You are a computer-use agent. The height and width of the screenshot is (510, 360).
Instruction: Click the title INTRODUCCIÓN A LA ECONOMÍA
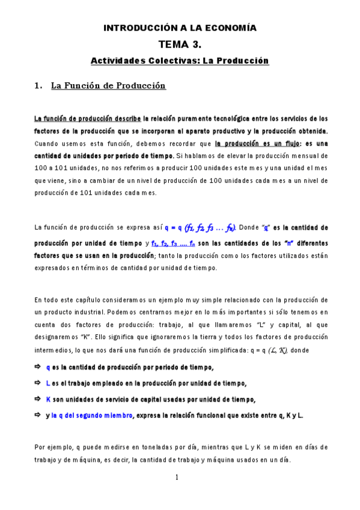coord(180,28)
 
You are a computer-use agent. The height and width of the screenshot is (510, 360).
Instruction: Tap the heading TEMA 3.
coord(180,44)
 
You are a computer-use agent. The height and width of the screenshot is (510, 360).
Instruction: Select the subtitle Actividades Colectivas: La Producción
coord(180,61)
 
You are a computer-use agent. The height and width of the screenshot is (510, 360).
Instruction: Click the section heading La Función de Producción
coord(108,86)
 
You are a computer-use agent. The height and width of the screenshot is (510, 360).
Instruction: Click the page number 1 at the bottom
coord(177,478)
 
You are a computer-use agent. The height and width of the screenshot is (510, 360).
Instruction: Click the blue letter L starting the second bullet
coord(48,383)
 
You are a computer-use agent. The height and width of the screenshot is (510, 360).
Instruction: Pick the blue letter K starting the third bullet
coord(48,399)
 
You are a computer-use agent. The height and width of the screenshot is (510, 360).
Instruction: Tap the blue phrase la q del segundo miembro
coord(91,415)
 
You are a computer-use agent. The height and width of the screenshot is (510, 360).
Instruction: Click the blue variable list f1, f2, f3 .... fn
coord(173,244)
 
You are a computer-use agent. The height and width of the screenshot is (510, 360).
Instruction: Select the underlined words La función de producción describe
coord(88,118)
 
